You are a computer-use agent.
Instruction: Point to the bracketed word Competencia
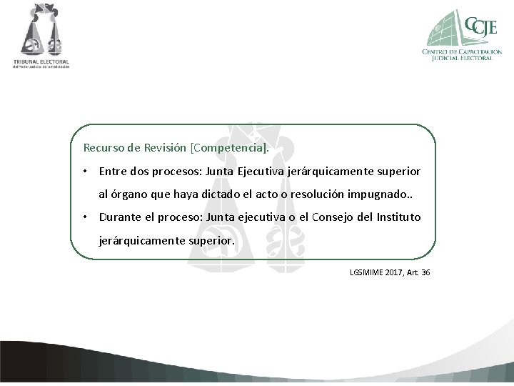pyautogui.click(x=228, y=148)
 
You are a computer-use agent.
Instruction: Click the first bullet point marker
pyautogui.click(x=85, y=172)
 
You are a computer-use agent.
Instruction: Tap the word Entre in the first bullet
pyautogui.click(x=113, y=172)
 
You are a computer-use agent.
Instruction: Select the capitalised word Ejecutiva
pyautogui.click(x=261, y=172)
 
